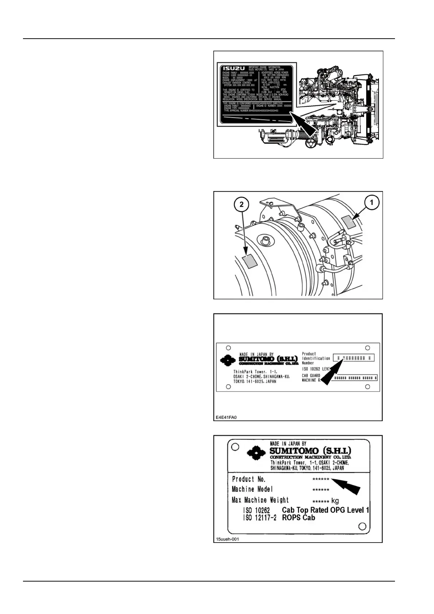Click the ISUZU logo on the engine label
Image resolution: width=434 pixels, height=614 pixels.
(234, 69)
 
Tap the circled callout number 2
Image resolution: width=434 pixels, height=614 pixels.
(241, 205)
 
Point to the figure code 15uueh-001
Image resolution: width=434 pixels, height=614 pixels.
(227, 539)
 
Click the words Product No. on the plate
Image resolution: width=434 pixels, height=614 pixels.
(249, 479)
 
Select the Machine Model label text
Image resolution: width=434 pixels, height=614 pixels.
(252, 489)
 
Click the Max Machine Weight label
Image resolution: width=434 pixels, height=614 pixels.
(260, 500)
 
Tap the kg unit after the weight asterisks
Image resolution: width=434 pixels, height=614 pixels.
(335, 501)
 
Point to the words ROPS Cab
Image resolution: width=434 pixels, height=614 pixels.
(298, 518)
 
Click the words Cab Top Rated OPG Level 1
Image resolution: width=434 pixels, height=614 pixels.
(325, 510)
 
